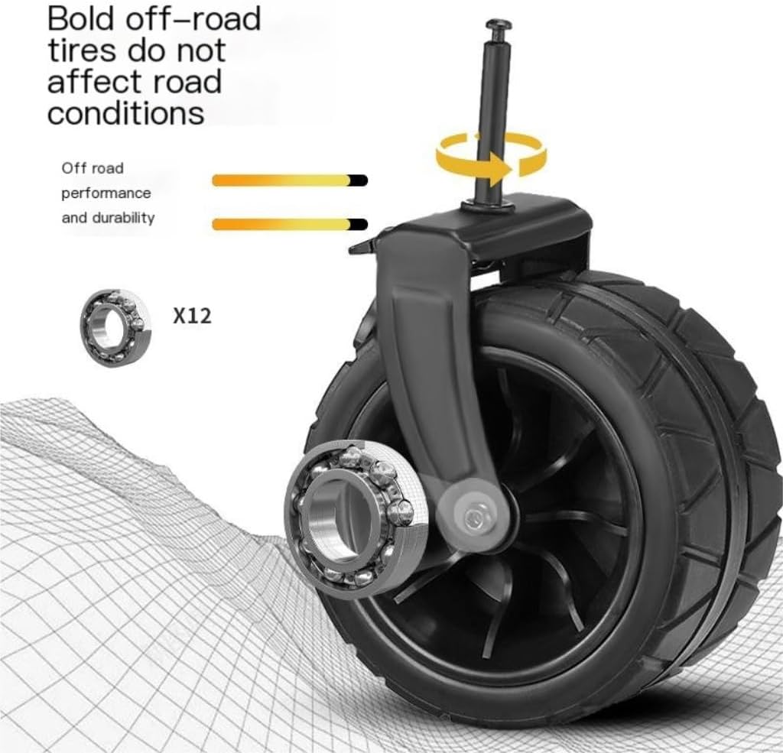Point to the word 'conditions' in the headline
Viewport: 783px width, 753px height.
tap(126, 113)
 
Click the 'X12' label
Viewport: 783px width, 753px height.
tap(192, 316)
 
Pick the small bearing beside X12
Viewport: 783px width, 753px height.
tap(115, 327)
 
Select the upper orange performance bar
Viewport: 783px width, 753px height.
tap(290, 180)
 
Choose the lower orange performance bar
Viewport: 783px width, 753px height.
tap(290, 224)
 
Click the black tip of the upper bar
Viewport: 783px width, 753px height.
tap(359, 180)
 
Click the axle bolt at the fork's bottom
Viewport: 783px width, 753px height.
tap(474, 518)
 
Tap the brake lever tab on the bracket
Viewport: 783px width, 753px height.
tap(362, 246)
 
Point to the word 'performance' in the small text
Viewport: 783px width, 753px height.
tap(106, 193)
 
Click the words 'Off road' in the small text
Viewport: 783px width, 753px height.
tap(93, 168)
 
